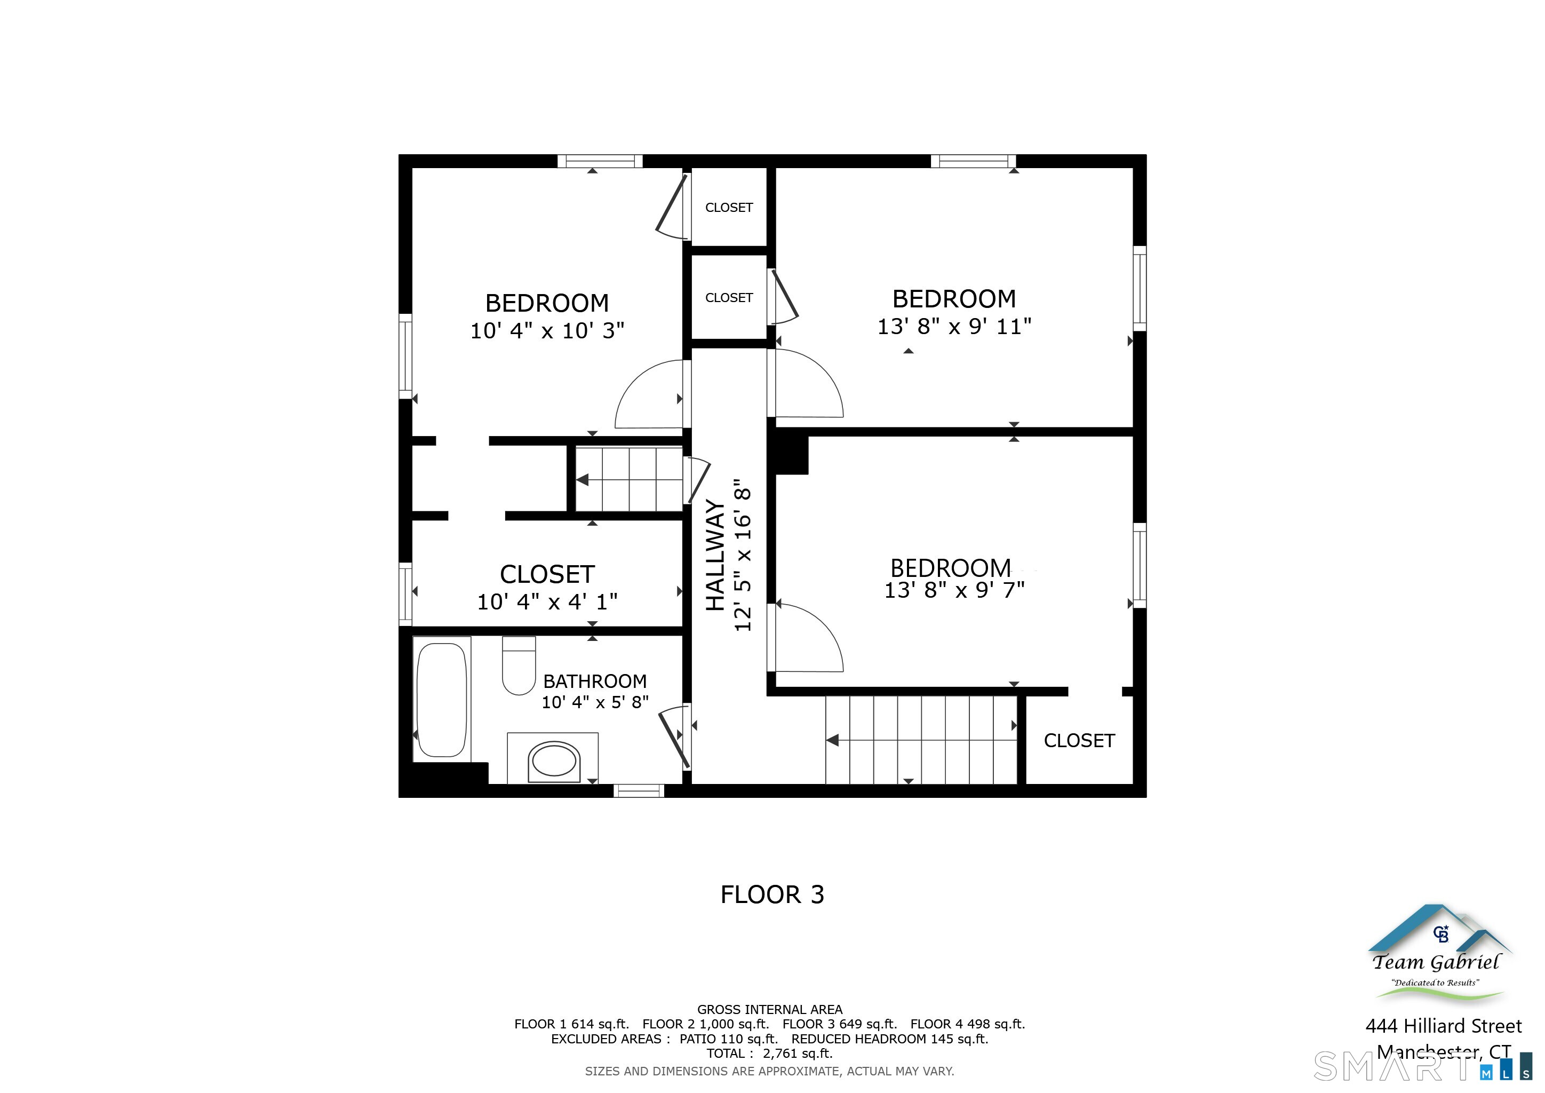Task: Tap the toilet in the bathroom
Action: click(x=519, y=666)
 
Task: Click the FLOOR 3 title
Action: click(x=772, y=894)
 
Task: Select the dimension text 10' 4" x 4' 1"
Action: click(x=547, y=601)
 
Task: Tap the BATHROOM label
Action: click(x=595, y=681)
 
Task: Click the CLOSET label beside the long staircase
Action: click(x=1079, y=741)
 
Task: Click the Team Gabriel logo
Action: click(x=1438, y=956)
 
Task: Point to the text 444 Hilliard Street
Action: click(x=1444, y=1026)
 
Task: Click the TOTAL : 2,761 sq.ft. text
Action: click(x=769, y=1054)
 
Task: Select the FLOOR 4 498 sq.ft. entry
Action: click(x=967, y=1024)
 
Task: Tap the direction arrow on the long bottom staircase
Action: click(x=832, y=740)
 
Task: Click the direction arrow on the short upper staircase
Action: click(x=583, y=480)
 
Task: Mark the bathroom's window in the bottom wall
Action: click(x=639, y=791)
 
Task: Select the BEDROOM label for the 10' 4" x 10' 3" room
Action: click(x=547, y=304)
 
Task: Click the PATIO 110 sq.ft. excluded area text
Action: click(x=728, y=1039)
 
